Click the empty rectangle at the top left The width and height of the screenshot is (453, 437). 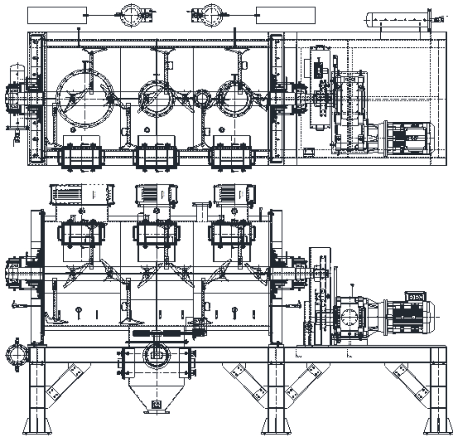tap(57, 15)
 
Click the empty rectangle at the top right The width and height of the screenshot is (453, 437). tap(285, 15)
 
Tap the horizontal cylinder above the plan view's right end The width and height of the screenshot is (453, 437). tap(398, 19)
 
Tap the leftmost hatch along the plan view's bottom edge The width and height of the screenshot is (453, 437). tap(81, 157)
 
